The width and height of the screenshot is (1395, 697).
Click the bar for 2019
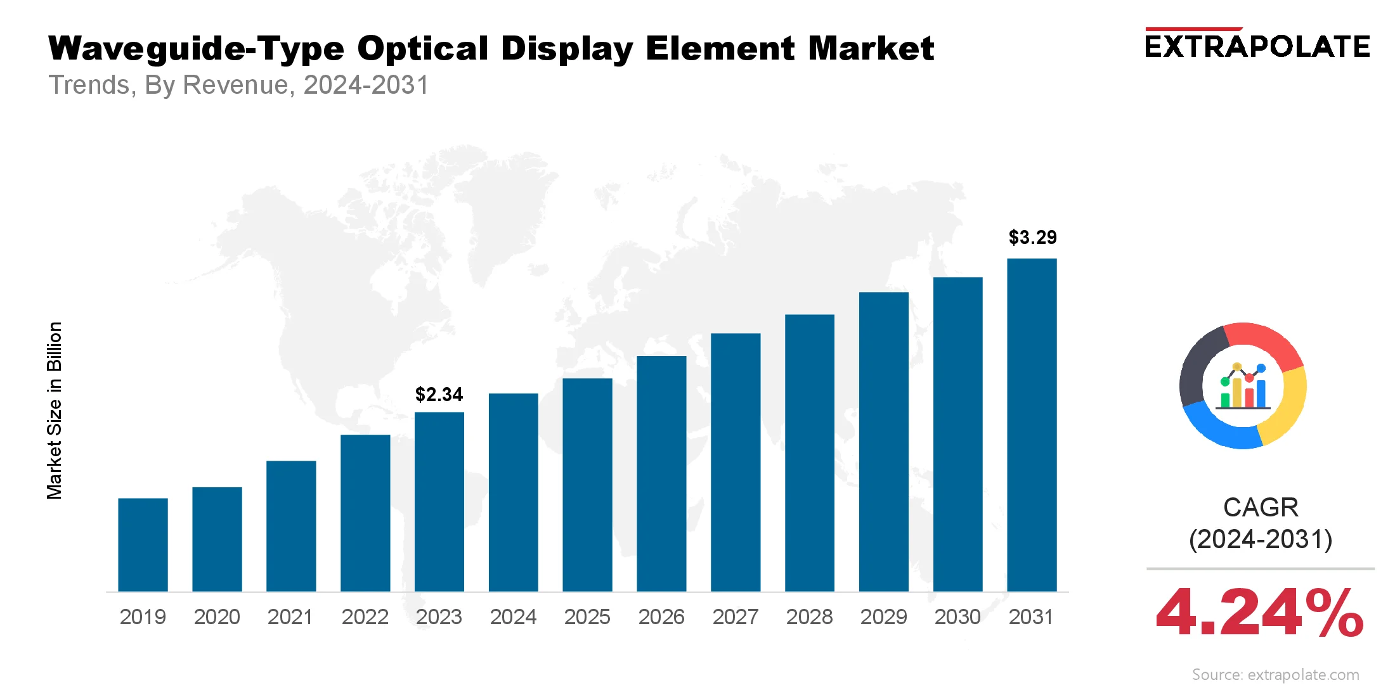[x=143, y=545]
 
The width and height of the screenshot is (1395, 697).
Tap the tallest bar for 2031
[x=1032, y=425]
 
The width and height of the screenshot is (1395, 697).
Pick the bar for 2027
[x=736, y=463]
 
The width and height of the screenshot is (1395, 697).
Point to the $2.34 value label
[x=439, y=395]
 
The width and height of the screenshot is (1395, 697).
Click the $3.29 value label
[x=1032, y=238]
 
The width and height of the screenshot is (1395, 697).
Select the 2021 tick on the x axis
[x=290, y=617]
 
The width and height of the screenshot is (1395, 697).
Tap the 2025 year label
[x=587, y=617]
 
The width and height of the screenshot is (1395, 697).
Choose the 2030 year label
[x=957, y=617]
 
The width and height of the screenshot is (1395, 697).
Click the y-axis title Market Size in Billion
[x=55, y=411]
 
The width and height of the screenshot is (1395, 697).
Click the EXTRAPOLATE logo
[x=1257, y=46]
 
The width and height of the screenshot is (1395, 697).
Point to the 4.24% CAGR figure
[x=1259, y=613]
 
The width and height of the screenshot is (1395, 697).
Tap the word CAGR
[x=1261, y=508]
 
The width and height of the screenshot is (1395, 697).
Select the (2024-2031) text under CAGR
[x=1261, y=540]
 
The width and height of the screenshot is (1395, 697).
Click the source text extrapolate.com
[x=1276, y=675]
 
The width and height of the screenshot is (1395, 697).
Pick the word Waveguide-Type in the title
[x=196, y=49]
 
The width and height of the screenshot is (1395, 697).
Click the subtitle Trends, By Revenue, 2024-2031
[x=239, y=85]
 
